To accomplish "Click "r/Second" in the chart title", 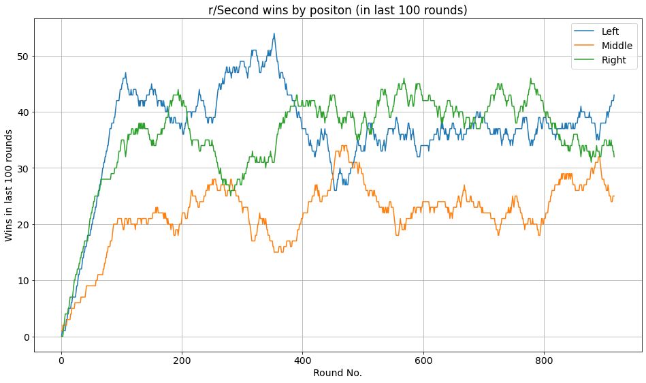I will coord(231,10).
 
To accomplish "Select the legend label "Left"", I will coord(610,31).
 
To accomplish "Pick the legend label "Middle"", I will coord(617,46).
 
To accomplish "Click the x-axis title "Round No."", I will coord(338,373).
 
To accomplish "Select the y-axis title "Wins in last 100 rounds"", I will coord(9,185).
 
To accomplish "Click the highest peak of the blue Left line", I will coord(274,33).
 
